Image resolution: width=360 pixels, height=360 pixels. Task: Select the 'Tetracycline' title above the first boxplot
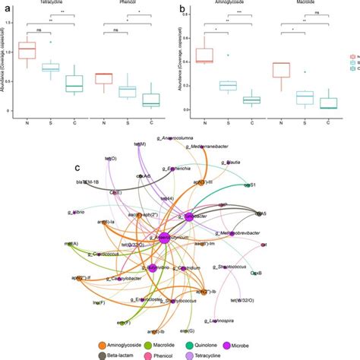click(49, 2)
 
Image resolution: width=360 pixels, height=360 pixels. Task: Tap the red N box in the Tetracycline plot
click(27, 51)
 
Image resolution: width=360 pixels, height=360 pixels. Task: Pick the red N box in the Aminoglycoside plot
click(204, 55)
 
